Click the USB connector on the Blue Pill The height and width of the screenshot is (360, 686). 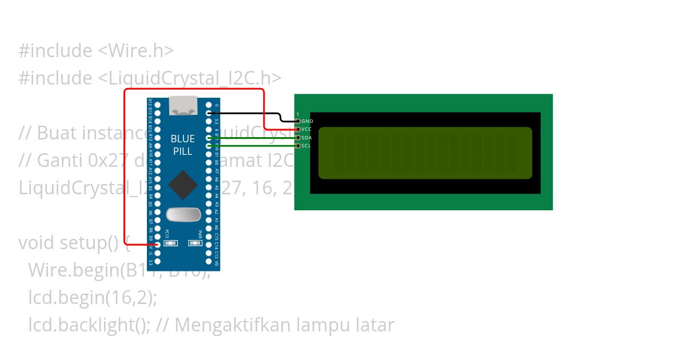click(183, 105)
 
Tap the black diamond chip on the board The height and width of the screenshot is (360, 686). click(183, 184)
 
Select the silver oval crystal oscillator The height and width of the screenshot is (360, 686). click(183, 215)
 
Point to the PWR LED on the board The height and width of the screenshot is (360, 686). click(196, 243)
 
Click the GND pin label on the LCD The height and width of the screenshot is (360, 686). click(307, 121)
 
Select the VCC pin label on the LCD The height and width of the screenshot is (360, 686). click(306, 129)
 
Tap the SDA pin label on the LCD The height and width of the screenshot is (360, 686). click(306, 138)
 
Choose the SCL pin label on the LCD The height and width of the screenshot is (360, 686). click(306, 146)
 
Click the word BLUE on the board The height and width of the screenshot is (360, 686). click(183, 139)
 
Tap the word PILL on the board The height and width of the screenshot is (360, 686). click(183, 151)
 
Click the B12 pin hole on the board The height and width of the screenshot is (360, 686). click(157, 105)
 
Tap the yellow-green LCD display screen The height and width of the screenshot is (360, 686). click(425, 153)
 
